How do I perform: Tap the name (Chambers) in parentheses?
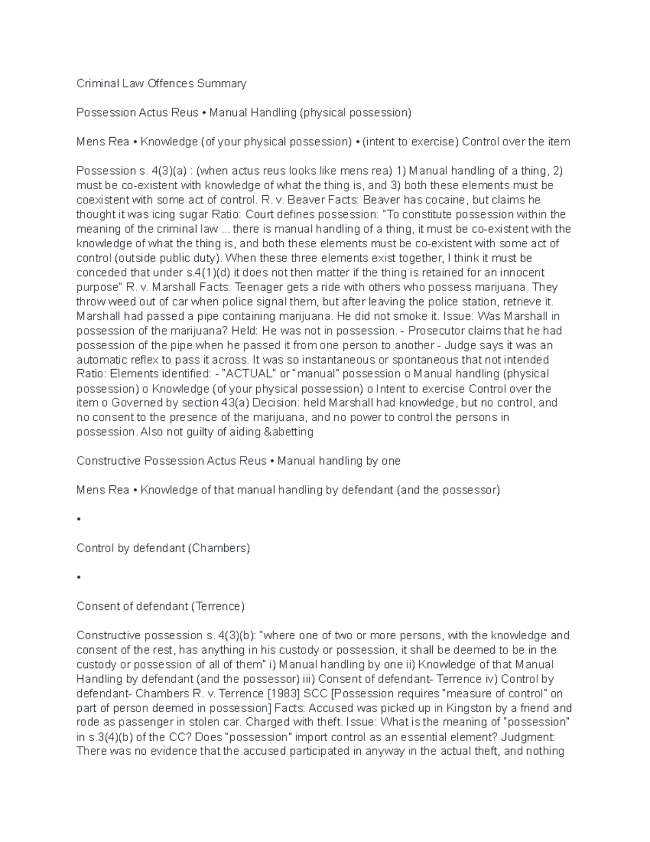219,548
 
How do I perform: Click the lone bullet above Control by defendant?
79,519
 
